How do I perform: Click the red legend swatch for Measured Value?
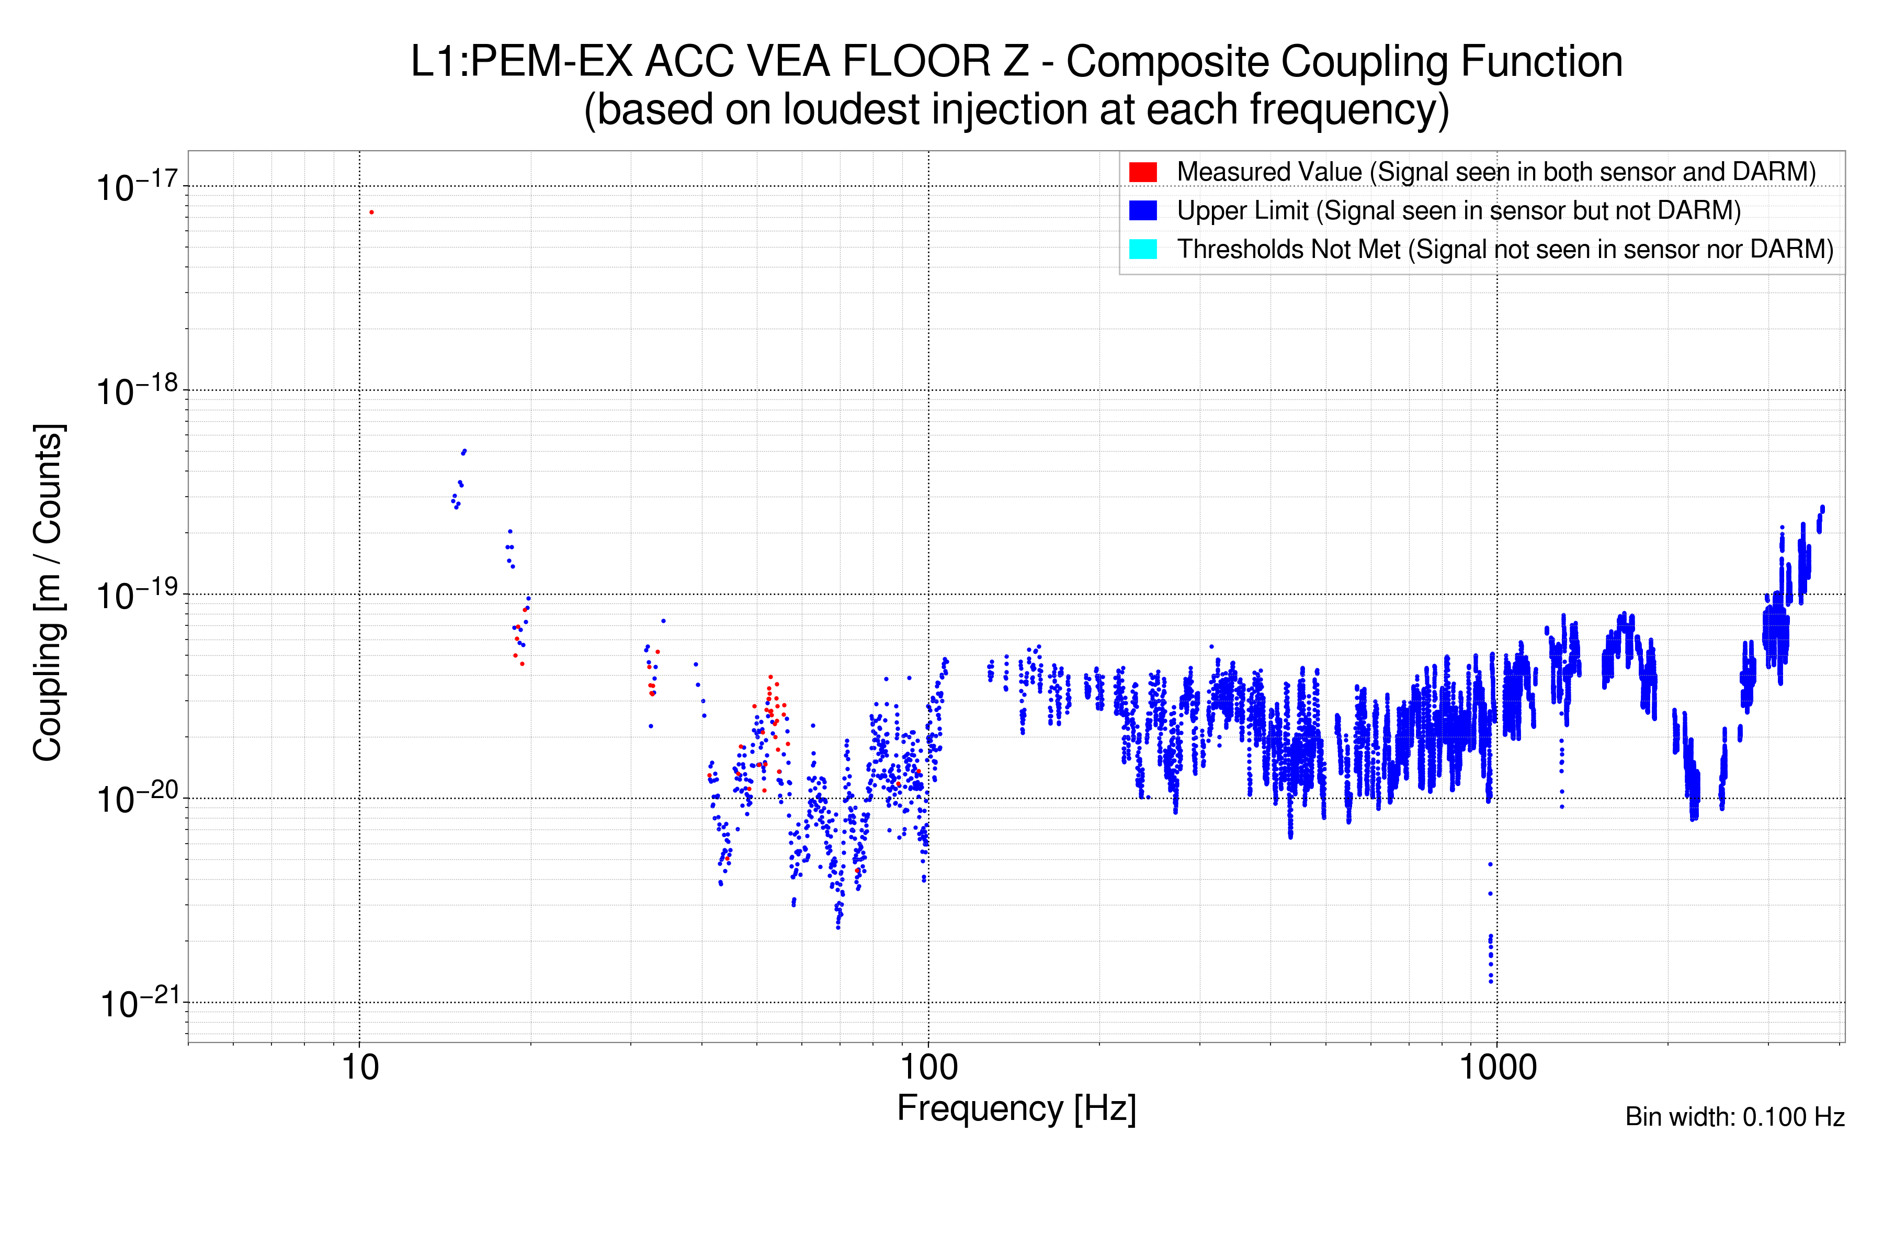click(1142, 172)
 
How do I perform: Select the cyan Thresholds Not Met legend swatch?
click(1142, 249)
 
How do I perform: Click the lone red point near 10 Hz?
click(371, 212)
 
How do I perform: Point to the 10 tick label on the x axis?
click(359, 1068)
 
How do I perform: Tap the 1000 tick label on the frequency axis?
click(1497, 1068)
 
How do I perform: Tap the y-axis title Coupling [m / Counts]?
click(48, 593)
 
